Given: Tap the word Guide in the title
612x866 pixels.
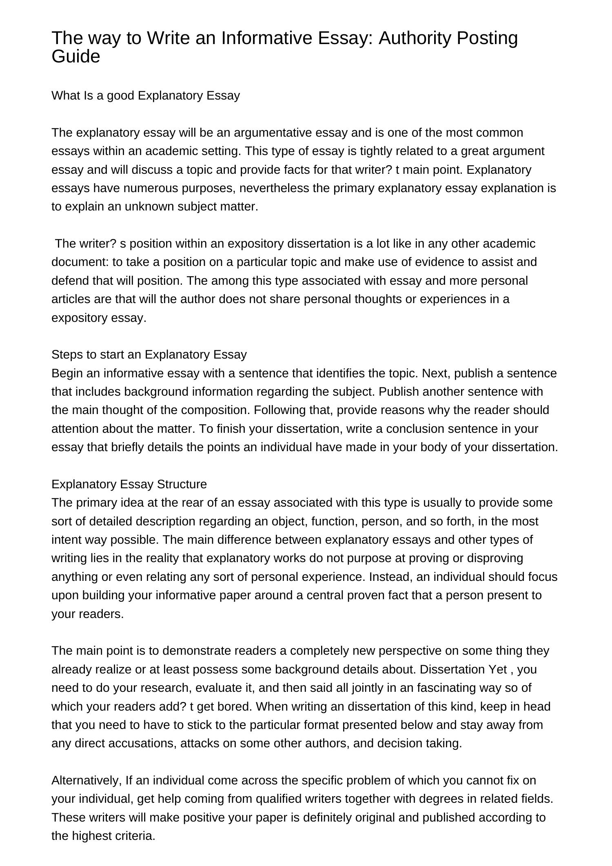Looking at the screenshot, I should click(x=76, y=57).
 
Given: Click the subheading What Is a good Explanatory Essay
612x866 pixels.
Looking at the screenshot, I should click(x=146, y=95).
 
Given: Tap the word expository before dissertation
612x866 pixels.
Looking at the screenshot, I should click(x=255, y=244).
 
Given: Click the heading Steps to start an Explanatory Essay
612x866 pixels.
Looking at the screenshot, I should click(x=149, y=354).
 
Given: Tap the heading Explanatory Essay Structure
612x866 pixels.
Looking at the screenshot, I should click(x=129, y=484).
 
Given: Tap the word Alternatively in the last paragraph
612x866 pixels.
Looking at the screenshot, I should click(x=86, y=780).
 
